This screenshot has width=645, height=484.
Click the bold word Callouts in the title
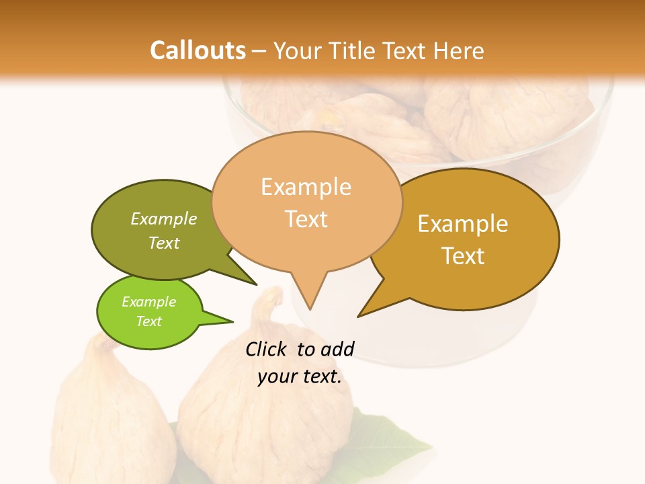pos(198,50)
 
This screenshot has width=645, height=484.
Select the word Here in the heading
pos(457,50)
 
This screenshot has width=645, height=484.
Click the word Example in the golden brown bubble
pos(463,224)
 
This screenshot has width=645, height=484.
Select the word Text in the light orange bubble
pos(306,219)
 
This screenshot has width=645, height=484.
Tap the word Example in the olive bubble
pos(164,218)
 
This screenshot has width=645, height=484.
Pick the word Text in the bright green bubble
pos(148,321)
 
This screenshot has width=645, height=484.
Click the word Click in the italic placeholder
pos(267,349)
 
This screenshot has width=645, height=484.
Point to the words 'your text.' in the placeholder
pos(300,376)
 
